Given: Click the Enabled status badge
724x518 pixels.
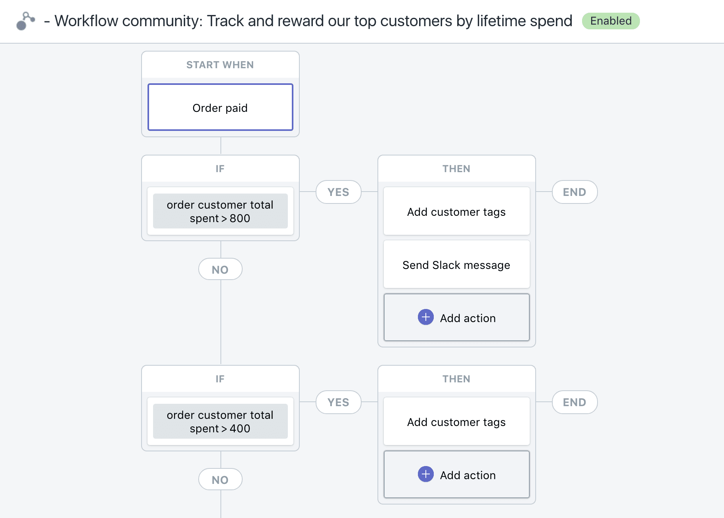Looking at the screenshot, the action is (611, 21).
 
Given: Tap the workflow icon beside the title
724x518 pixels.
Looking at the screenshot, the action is (25, 21).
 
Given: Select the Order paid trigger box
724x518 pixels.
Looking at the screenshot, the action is (220, 107).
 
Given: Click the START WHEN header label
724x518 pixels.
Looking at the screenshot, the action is (220, 65).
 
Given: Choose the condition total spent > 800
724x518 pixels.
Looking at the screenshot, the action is (220, 211).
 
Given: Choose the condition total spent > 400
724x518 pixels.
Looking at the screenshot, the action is (220, 421).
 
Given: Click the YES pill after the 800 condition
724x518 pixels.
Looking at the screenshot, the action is (339, 192).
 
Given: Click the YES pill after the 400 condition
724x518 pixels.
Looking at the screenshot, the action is (339, 402).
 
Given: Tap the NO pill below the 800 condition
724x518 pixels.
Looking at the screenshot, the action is (220, 269).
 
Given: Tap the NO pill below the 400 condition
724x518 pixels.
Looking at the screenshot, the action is (220, 480).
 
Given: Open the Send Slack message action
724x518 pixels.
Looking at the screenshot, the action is (457, 265).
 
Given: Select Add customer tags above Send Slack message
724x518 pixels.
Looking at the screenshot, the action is (457, 211).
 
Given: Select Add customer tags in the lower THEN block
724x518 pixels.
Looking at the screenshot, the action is (457, 422).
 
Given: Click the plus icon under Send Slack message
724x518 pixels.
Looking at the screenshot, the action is (426, 317).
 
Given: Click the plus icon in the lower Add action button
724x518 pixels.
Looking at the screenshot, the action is (426, 474).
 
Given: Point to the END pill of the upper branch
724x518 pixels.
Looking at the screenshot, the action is (575, 192).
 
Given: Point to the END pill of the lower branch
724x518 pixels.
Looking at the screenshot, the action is (575, 402).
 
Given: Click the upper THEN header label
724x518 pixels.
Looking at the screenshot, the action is (456, 169).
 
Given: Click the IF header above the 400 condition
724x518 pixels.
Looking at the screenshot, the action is (220, 379).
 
